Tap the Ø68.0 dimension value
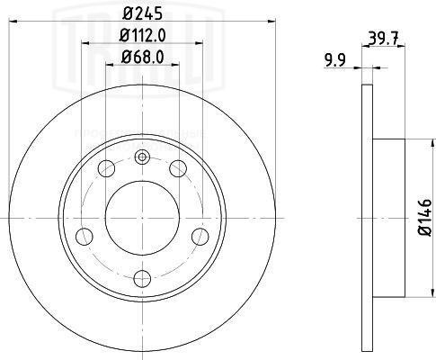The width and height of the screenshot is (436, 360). click(143, 59)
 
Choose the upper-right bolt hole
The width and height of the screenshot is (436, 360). click(178, 168)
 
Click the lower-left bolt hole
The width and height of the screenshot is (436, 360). click(85, 237)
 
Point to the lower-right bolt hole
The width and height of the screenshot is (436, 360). click(200, 237)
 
